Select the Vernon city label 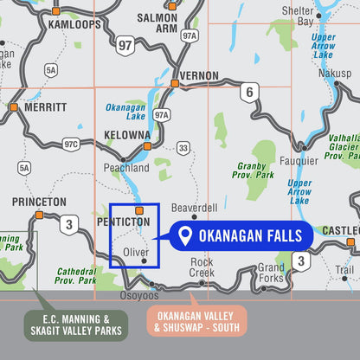coord(199,76)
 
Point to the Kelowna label coord(125,136)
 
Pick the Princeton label coord(39,202)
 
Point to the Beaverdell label coord(194,209)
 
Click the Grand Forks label coord(271,273)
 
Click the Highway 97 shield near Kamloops coord(126,45)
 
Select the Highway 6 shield coord(249,93)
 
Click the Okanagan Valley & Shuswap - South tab coord(196,321)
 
